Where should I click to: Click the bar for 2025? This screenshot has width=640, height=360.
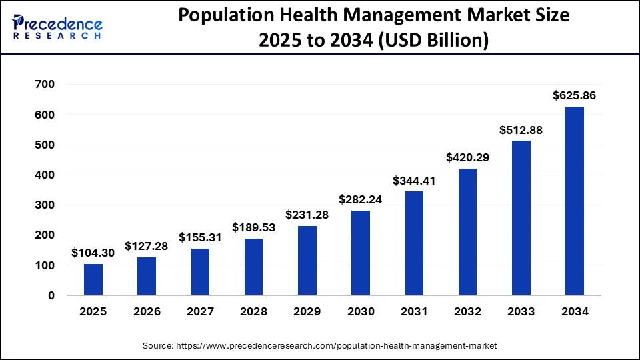93,279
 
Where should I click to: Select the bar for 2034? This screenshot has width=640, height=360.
574,201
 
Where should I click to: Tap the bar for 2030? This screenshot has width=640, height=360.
361,253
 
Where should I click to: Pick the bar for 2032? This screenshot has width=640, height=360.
467,232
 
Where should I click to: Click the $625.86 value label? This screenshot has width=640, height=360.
574,96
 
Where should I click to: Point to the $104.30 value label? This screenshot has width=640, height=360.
93,253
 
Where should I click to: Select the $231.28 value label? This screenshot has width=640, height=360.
307,215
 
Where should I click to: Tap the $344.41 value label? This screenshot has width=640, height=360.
414,181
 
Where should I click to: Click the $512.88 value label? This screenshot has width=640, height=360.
521,130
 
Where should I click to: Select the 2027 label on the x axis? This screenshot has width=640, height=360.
200,311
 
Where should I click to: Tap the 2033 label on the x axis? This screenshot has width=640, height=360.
521,311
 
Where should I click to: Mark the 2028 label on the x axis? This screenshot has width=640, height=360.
253,311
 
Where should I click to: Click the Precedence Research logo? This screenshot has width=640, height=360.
57,27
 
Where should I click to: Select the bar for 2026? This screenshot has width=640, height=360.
147,276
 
